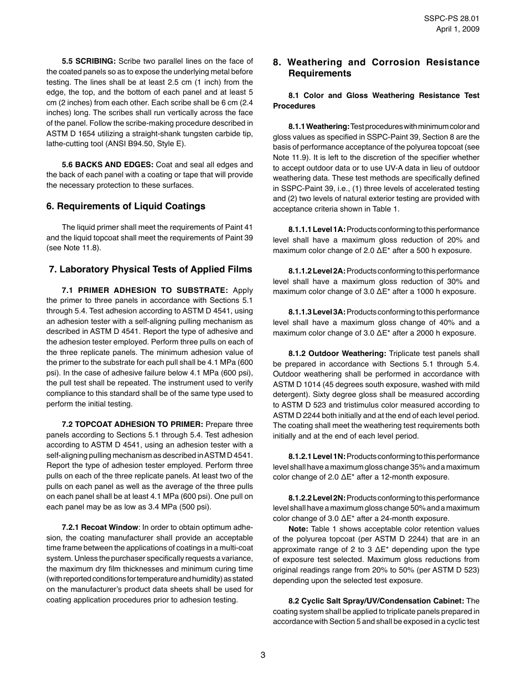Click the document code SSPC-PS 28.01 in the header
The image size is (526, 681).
451,18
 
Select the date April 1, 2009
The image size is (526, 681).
457,29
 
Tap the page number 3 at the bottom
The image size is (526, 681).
263,654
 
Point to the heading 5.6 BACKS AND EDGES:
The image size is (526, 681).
107,164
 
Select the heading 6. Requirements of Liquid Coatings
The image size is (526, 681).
126,206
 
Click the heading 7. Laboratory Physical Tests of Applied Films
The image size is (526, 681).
150,269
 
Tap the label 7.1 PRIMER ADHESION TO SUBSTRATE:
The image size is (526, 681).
145,290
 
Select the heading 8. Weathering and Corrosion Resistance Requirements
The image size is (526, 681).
377,68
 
